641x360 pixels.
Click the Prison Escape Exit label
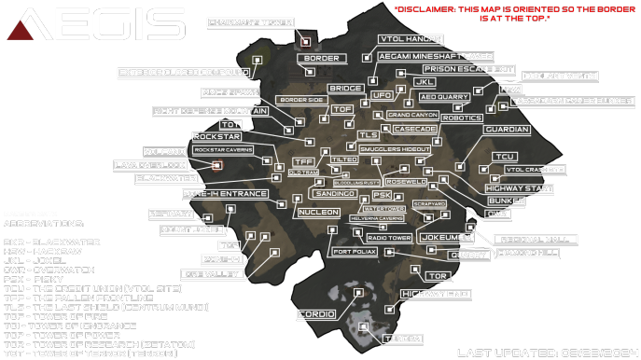468,69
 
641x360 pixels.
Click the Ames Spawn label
230,93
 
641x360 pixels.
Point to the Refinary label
171,215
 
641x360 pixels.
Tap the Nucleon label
318,213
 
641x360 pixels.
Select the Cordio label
315,315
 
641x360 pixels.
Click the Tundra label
403,338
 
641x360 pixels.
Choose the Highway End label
434,295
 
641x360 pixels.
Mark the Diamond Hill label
528,253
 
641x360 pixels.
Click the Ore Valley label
213,274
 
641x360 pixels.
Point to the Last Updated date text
542,353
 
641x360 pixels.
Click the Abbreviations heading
42,224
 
